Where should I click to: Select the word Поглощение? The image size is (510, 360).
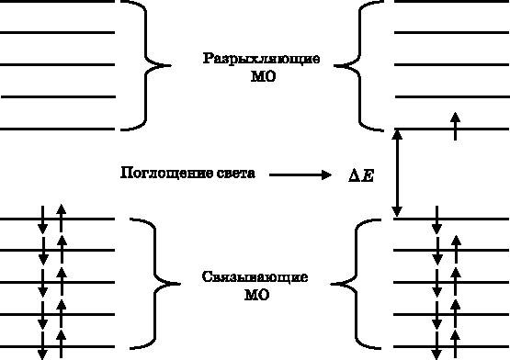162,173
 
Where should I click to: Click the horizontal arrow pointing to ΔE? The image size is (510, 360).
300,174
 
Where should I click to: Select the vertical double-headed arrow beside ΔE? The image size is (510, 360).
397,173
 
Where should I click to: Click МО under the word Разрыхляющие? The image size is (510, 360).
261,78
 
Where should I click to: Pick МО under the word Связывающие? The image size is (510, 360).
255,295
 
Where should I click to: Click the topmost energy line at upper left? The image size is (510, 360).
57,2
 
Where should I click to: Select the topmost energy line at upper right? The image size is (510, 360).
450,2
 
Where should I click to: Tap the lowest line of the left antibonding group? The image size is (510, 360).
57,126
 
